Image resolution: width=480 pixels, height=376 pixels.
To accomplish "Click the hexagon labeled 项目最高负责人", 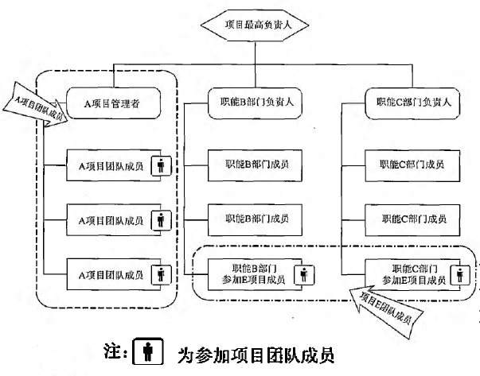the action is pyautogui.click(x=255, y=25).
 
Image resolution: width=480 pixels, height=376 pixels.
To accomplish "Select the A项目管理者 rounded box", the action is pyautogui.click(x=113, y=103).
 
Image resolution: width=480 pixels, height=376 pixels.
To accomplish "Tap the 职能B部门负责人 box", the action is pyautogui.click(x=255, y=103).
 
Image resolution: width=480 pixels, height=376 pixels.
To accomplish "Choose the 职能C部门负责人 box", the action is pyautogui.click(x=412, y=103).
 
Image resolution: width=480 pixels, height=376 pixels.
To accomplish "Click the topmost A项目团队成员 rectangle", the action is pyautogui.click(x=114, y=165).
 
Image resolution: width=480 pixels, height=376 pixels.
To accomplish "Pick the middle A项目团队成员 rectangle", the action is pyautogui.click(x=114, y=219).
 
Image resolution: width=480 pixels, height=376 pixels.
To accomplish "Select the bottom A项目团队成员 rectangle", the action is pyautogui.click(x=114, y=274).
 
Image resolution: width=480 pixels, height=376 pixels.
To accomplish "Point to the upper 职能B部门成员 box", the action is pyautogui.click(x=255, y=165).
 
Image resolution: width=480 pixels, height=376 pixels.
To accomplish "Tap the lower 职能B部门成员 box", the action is pyautogui.click(x=255, y=219).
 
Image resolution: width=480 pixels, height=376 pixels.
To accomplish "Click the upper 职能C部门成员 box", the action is pyautogui.click(x=412, y=165).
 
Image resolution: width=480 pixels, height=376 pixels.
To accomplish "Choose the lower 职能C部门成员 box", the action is pyautogui.click(x=412, y=219).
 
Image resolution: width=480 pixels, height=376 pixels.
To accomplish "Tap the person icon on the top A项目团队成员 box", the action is pyautogui.click(x=161, y=166).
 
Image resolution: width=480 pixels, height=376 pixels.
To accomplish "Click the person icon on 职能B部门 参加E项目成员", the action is pyautogui.click(x=304, y=274).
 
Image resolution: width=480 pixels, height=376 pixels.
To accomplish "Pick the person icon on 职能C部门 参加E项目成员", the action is pyautogui.click(x=460, y=274).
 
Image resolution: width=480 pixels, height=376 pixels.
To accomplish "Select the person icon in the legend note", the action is pyautogui.click(x=148, y=351).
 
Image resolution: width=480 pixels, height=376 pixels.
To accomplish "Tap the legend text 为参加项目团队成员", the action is pyautogui.click(x=256, y=355).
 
